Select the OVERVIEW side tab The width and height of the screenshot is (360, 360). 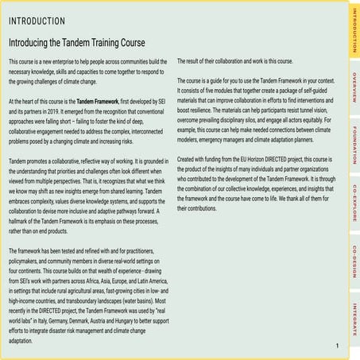tap(353, 87)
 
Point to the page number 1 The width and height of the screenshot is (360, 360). tap(338, 346)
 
